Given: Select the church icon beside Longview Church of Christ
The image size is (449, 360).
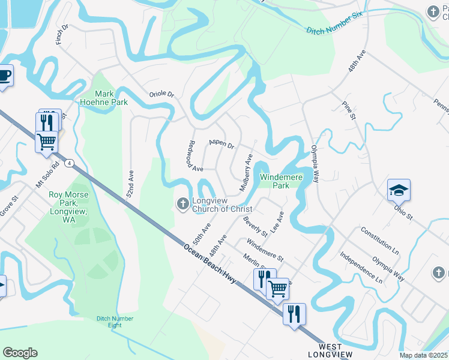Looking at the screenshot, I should tap(182, 205).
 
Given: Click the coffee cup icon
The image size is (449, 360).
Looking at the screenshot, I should tap(5, 76).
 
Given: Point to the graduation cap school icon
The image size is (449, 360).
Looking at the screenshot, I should tap(399, 190).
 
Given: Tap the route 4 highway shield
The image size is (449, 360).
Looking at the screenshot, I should tap(70, 163).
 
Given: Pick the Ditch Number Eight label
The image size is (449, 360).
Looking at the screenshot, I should tap(115, 322).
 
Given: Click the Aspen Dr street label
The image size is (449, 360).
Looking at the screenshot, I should tap(221, 143).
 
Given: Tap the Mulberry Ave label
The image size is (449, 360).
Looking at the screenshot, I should tap(246, 173).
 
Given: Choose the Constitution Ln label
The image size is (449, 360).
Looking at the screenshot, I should tap(379, 239).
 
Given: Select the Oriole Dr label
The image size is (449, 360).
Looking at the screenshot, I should tap(161, 94).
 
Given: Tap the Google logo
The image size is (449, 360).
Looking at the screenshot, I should tap(20, 353).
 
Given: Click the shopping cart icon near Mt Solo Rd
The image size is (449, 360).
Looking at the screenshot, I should tap(46, 142).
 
